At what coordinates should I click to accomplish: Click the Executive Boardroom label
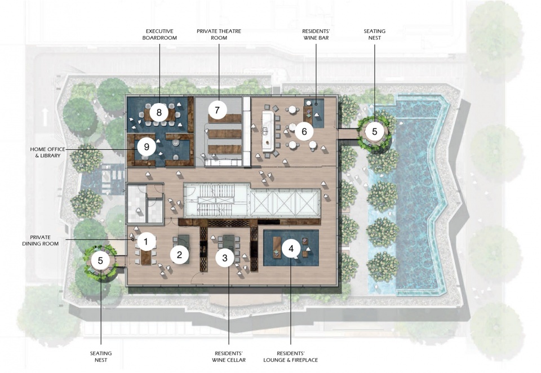(159, 34)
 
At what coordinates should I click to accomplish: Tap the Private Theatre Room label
(219, 34)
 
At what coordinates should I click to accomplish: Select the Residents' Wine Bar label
(316, 34)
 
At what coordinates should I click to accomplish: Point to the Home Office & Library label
(47, 152)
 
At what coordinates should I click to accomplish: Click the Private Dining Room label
(41, 240)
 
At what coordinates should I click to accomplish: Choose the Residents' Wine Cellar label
(229, 357)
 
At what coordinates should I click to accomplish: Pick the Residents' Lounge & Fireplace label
(291, 357)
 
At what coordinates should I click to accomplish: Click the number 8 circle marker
(159, 112)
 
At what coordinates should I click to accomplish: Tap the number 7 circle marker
(217, 110)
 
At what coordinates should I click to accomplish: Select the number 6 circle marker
(304, 131)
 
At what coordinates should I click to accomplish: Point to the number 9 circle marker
(147, 147)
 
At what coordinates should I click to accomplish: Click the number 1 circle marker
(145, 242)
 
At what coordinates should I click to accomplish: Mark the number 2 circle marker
(179, 255)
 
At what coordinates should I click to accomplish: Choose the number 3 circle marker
(225, 257)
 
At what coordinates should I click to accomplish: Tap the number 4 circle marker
(291, 248)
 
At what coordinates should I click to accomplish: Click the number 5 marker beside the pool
(375, 131)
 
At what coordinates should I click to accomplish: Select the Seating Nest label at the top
(374, 34)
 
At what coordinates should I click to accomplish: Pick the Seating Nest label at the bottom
(101, 357)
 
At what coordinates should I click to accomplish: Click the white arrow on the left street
(45, 117)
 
